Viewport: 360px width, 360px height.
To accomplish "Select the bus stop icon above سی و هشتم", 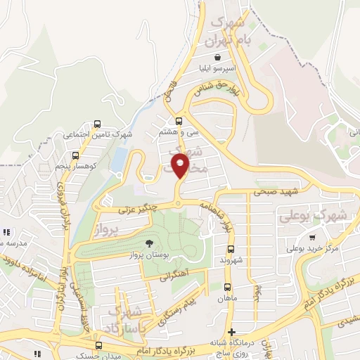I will click(179, 120).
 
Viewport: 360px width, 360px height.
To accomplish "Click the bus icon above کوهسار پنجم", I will click(75, 155).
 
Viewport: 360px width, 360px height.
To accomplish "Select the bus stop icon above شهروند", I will click(231, 249).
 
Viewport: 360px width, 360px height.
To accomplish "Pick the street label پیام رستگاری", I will click(177, 309).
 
